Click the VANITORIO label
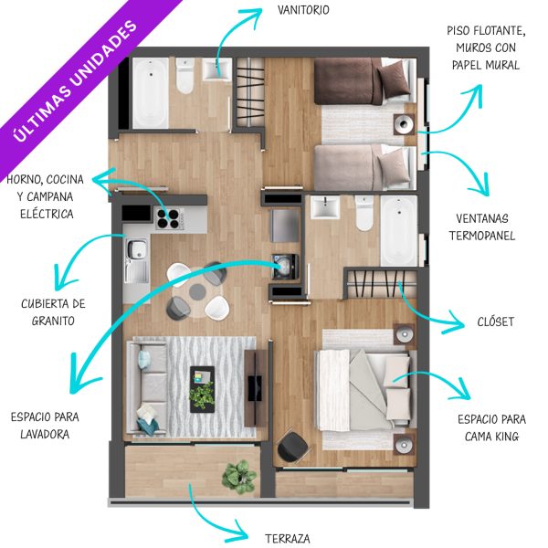(303, 10)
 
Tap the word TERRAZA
(288, 539)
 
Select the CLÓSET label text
(496, 321)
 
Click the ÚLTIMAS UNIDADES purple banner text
(75, 81)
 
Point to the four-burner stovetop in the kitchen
(169, 218)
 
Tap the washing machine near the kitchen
(285, 267)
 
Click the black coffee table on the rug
(203, 389)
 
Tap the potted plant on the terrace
(239, 477)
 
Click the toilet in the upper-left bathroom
(184, 76)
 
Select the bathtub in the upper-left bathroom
(151, 93)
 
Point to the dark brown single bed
(363, 81)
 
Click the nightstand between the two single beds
(405, 124)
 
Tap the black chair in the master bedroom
(293, 447)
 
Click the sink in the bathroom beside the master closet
(325, 207)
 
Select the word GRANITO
(53, 321)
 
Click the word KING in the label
(507, 437)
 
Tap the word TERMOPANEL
(482, 236)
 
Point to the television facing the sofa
(255, 388)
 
